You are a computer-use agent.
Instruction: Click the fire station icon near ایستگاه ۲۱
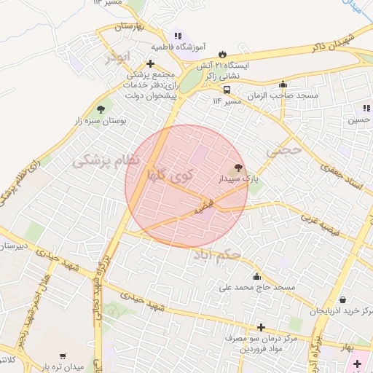pyautogui.click(x=222, y=54)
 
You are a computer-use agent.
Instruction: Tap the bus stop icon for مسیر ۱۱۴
pyautogui.click(x=227, y=90)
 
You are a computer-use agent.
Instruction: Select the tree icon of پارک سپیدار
pyautogui.click(x=239, y=168)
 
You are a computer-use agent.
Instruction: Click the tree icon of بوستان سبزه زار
pyautogui.click(x=110, y=109)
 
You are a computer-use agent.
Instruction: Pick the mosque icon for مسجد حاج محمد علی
pyautogui.click(x=256, y=276)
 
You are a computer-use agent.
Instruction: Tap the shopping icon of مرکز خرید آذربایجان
pyautogui.click(x=342, y=299)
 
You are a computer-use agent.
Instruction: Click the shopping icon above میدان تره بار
pyautogui.click(x=63, y=356)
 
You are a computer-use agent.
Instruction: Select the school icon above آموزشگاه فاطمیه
pyautogui.click(x=178, y=36)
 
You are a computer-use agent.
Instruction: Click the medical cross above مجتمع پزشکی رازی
pyautogui.click(x=150, y=63)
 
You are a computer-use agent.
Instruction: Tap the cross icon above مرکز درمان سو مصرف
pyautogui.click(x=260, y=327)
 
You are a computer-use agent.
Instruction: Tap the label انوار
pyautogui.click(x=117, y=55)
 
